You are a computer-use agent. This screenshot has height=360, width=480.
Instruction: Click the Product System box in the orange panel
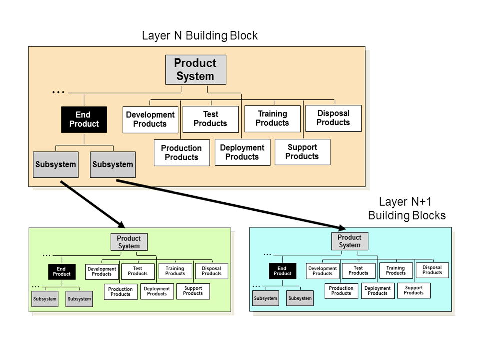(x=195, y=70)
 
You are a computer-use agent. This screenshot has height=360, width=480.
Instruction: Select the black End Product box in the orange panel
(x=84, y=119)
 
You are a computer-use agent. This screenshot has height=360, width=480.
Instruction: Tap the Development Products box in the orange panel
(x=150, y=119)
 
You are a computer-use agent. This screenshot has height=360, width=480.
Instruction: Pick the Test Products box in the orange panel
(x=210, y=119)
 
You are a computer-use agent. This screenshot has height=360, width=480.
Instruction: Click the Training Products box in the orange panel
(x=272, y=118)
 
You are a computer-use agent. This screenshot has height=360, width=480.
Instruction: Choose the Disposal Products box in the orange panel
(x=333, y=118)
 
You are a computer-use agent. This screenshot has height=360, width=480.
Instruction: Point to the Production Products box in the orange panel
(x=182, y=153)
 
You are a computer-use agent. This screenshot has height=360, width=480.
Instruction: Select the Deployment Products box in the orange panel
(x=242, y=152)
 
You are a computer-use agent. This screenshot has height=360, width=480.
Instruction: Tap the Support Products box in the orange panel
(x=302, y=152)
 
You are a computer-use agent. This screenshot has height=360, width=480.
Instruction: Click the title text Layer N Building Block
(x=200, y=36)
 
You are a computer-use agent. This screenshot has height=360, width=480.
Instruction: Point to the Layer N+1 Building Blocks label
(x=407, y=209)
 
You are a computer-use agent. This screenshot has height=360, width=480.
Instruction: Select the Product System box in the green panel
(x=129, y=242)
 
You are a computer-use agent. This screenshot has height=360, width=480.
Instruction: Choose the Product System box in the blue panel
(x=349, y=241)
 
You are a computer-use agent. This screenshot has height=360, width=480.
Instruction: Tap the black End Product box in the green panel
(x=62, y=271)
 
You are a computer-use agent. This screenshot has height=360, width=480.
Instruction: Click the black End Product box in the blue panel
(x=282, y=271)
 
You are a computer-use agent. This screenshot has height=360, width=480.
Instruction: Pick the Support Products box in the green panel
(x=193, y=291)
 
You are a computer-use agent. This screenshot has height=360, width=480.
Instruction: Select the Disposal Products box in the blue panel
(x=432, y=270)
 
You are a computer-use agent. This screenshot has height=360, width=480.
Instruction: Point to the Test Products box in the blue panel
(x=358, y=271)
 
